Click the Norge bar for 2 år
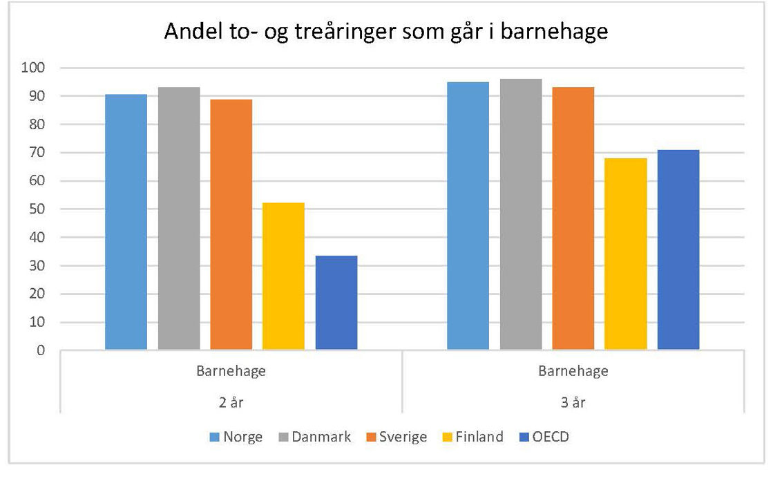click(126, 221)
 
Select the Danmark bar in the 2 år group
click(179, 218)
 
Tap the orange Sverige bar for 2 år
click(231, 224)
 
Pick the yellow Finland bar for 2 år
click(283, 276)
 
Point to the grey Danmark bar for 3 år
click(521, 214)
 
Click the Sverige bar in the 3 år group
click(573, 218)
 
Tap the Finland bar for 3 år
click(626, 254)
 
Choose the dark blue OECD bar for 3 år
click(678, 249)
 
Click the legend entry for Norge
click(235, 437)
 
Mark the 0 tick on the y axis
click(41, 350)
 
